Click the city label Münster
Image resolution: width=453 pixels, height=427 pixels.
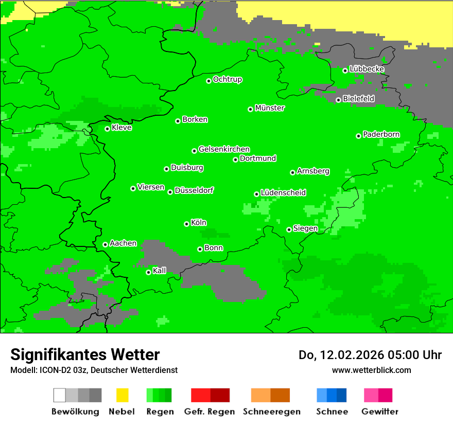tap(270, 108)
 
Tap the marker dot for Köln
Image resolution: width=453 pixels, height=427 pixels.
tap(186, 224)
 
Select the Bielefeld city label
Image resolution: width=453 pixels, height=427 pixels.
tap(358, 98)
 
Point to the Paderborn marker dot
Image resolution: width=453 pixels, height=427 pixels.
tap(358, 136)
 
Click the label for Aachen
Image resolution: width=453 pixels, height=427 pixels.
tap(123, 243)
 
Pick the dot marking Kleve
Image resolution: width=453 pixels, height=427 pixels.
tap(107, 129)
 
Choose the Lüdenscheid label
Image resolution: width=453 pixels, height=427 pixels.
tap(283, 192)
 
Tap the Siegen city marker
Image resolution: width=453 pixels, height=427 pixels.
tap(289, 229)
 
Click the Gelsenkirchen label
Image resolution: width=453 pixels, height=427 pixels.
tap(224, 149)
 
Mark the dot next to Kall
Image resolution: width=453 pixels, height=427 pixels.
tap(148, 272)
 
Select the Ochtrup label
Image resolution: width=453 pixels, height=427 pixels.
tap(228, 79)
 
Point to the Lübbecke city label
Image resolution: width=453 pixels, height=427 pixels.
tap(367, 69)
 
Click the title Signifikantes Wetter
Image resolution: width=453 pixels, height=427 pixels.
tap(85, 354)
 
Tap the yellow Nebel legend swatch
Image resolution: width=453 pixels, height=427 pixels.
tap(122, 395)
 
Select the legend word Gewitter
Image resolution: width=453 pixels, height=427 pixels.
tap(379, 412)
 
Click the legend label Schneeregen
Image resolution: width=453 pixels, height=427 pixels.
tap(270, 412)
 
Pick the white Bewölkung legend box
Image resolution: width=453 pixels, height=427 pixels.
tap(60, 395)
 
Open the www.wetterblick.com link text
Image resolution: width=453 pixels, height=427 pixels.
tap(371, 370)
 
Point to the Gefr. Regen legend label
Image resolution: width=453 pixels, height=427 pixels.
tap(210, 412)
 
